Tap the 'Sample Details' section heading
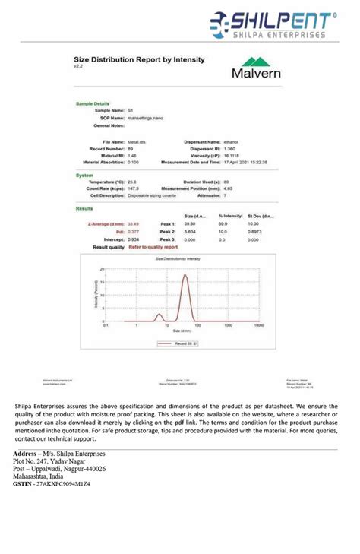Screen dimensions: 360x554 (93, 103)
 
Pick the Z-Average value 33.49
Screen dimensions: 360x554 (134, 224)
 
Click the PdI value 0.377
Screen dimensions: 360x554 (133, 232)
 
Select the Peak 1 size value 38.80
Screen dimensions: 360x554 (189, 224)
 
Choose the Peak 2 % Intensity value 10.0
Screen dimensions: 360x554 (223, 232)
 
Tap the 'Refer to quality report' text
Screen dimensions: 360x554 (153, 247)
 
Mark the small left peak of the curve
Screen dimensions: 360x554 (159, 314)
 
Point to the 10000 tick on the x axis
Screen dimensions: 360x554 (259, 324)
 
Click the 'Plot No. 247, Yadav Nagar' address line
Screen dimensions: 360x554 (49, 461)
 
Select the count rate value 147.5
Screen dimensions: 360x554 (133, 188)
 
